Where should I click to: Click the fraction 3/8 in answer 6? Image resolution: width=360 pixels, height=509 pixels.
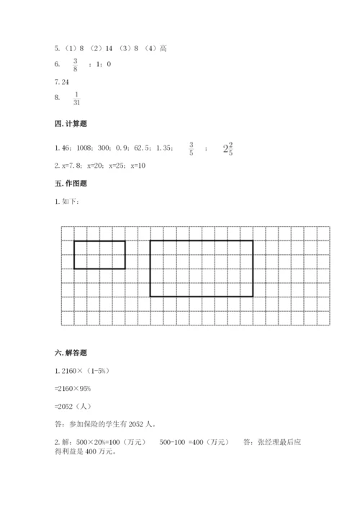[x=75, y=64]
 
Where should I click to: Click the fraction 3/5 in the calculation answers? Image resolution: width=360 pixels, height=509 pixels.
[x=192, y=148]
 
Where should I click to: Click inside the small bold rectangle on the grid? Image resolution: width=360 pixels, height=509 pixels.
[x=99, y=254]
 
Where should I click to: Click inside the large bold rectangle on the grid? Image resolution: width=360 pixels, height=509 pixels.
[x=201, y=268]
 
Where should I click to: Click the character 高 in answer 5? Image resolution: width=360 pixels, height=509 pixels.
[x=164, y=48]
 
